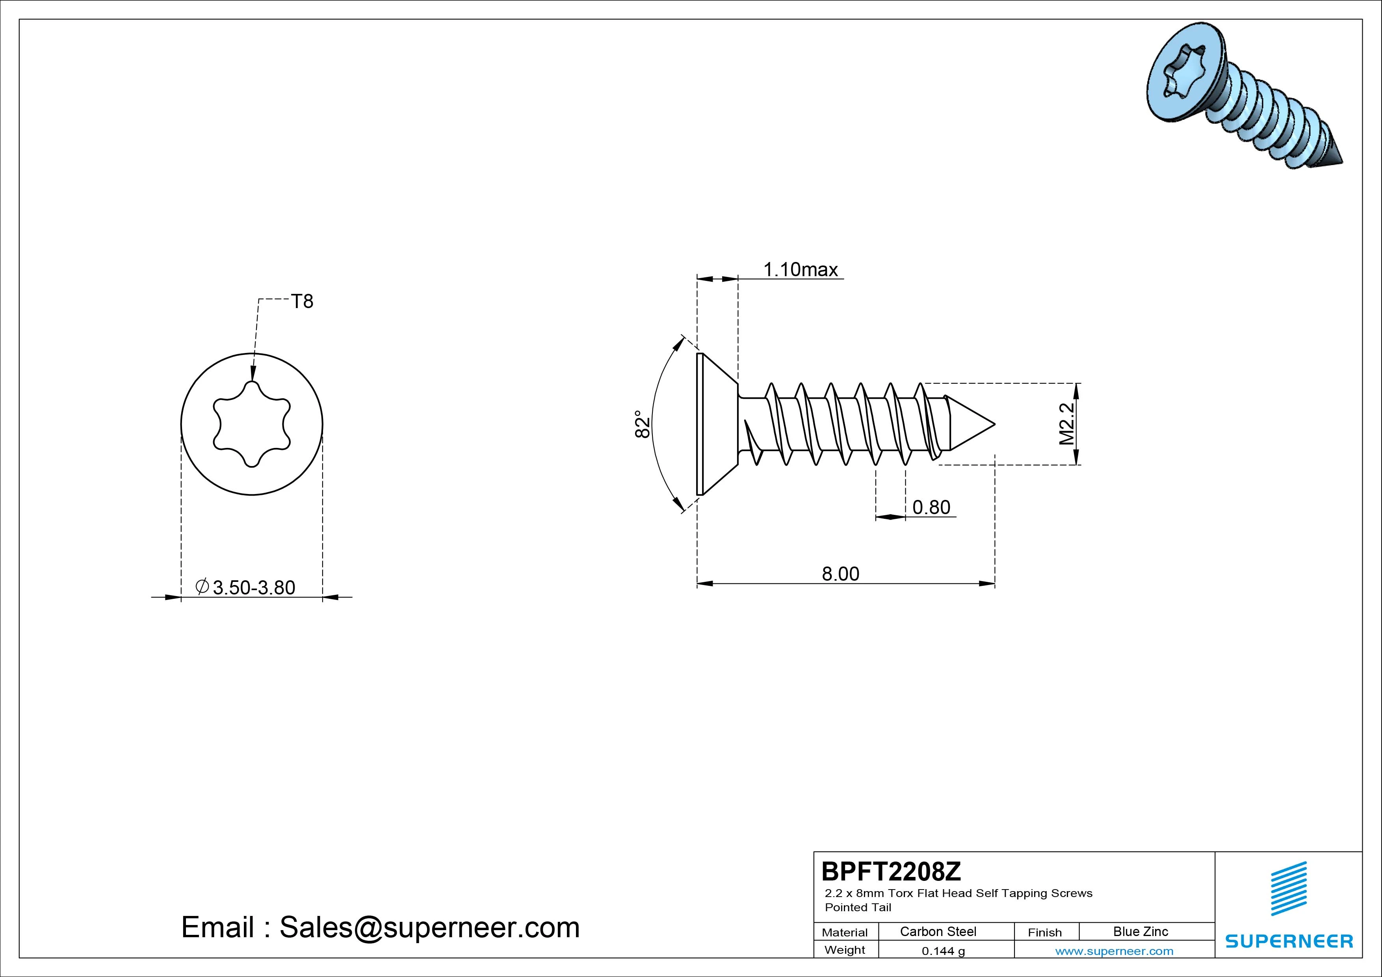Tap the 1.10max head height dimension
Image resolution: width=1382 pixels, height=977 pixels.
801,270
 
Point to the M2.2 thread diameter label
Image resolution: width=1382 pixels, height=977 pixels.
1066,424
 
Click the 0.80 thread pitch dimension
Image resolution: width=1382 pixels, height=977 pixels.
931,507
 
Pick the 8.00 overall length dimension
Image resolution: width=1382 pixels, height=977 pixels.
840,574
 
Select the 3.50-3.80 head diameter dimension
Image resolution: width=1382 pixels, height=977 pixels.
245,587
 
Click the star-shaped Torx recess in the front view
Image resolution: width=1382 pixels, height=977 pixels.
252,424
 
